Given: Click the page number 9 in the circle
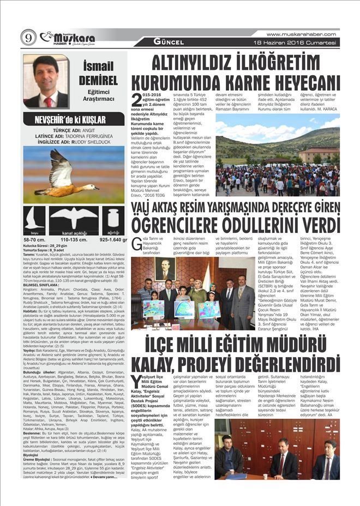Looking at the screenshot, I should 28,37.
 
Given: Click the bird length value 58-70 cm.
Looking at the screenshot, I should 34,239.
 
